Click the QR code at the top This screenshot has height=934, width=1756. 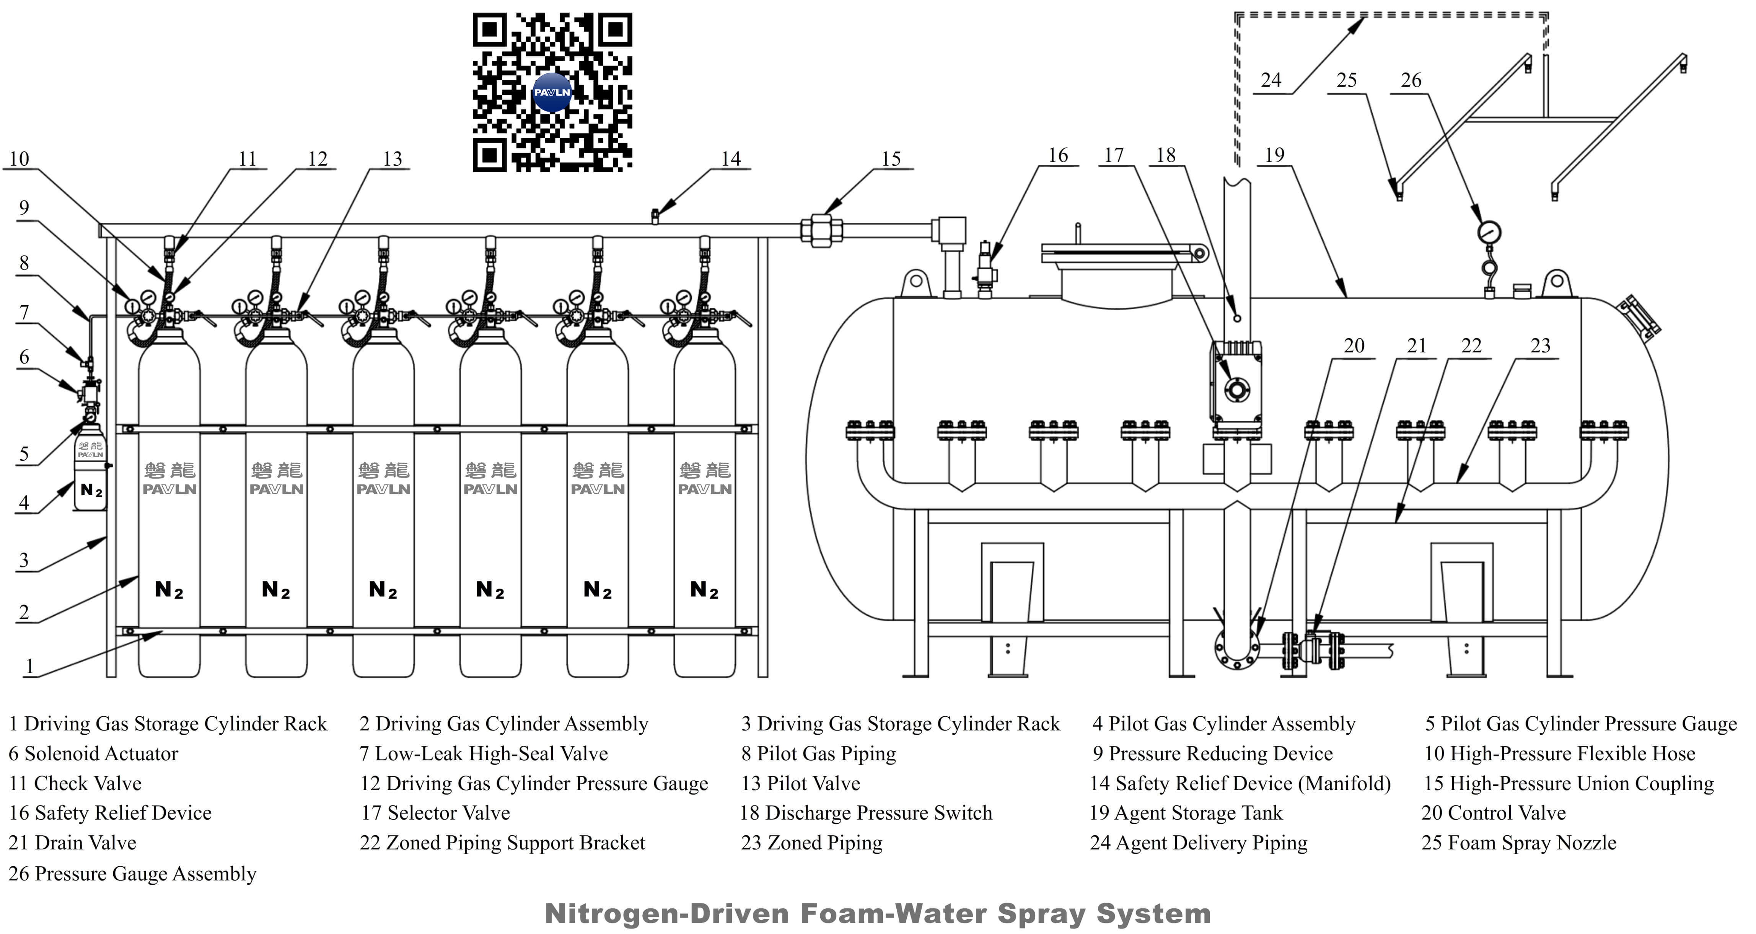[552, 92]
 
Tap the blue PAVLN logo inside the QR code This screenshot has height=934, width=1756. [552, 93]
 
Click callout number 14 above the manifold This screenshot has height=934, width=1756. [731, 159]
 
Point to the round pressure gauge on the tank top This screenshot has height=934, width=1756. [1489, 233]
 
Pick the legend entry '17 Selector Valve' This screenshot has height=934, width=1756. [436, 813]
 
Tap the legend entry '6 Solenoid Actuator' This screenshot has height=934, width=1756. [93, 753]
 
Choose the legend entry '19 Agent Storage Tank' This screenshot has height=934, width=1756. [1186, 813]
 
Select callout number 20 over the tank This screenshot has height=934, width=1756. [1354, 346]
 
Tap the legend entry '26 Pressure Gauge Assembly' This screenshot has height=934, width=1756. [132, 873]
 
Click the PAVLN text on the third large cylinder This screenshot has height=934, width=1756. [383, 489]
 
